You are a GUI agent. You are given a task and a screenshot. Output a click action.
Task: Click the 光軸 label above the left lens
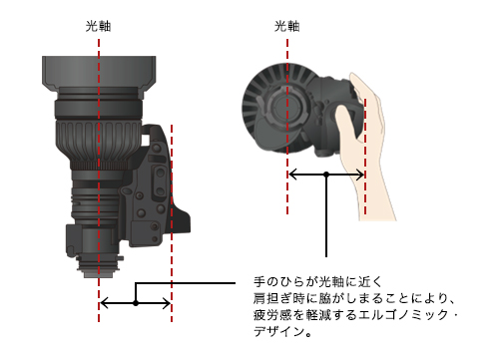coord(98,26)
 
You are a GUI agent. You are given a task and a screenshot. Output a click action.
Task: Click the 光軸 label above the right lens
coord(287,26)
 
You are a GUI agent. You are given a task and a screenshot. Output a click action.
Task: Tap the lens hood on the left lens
coord(99,74)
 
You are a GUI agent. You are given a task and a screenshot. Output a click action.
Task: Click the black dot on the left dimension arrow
coord(136,303)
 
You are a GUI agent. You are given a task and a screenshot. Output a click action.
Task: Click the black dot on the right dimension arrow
coord(326,175)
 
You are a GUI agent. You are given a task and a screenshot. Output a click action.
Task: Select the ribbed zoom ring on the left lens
coord(99,142)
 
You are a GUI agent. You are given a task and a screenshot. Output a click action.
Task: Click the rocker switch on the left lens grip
coord(160,181)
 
